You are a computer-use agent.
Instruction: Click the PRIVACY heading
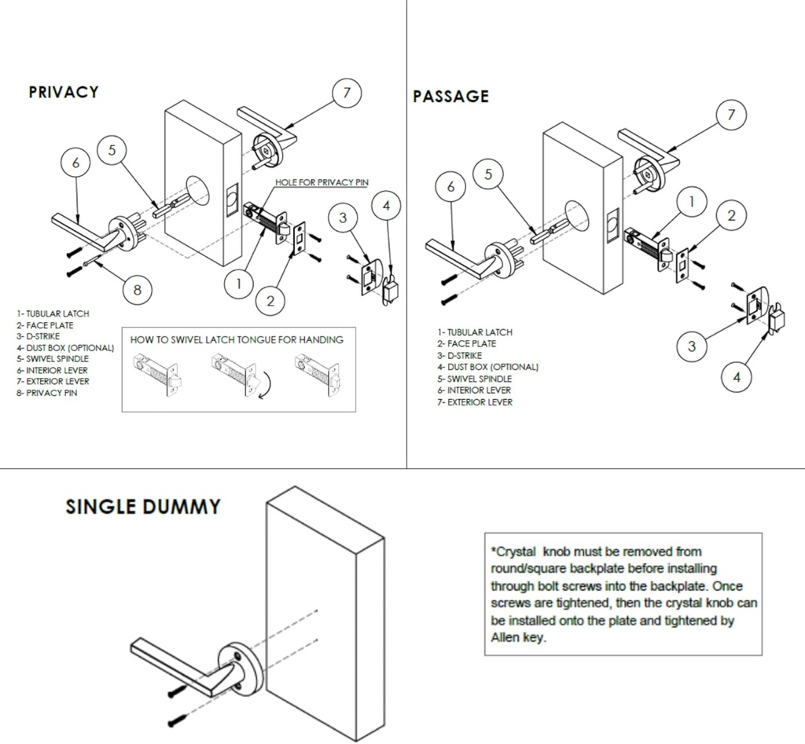64,92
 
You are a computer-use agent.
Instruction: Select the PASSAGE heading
450,97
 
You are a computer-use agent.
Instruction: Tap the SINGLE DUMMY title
142,507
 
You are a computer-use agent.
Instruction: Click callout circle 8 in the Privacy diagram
138,290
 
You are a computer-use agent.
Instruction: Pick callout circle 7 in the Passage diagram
731,115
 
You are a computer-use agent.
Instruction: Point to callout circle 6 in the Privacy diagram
75,163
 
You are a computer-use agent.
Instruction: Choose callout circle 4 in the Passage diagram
737,377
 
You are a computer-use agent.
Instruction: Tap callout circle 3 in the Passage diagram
692,346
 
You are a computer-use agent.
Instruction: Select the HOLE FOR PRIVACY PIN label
322,182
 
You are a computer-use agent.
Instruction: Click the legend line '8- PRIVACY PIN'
46,393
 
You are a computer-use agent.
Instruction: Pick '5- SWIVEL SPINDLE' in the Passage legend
474,379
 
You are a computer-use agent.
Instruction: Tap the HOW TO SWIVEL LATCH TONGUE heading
237,340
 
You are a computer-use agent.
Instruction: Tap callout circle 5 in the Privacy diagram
112,149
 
